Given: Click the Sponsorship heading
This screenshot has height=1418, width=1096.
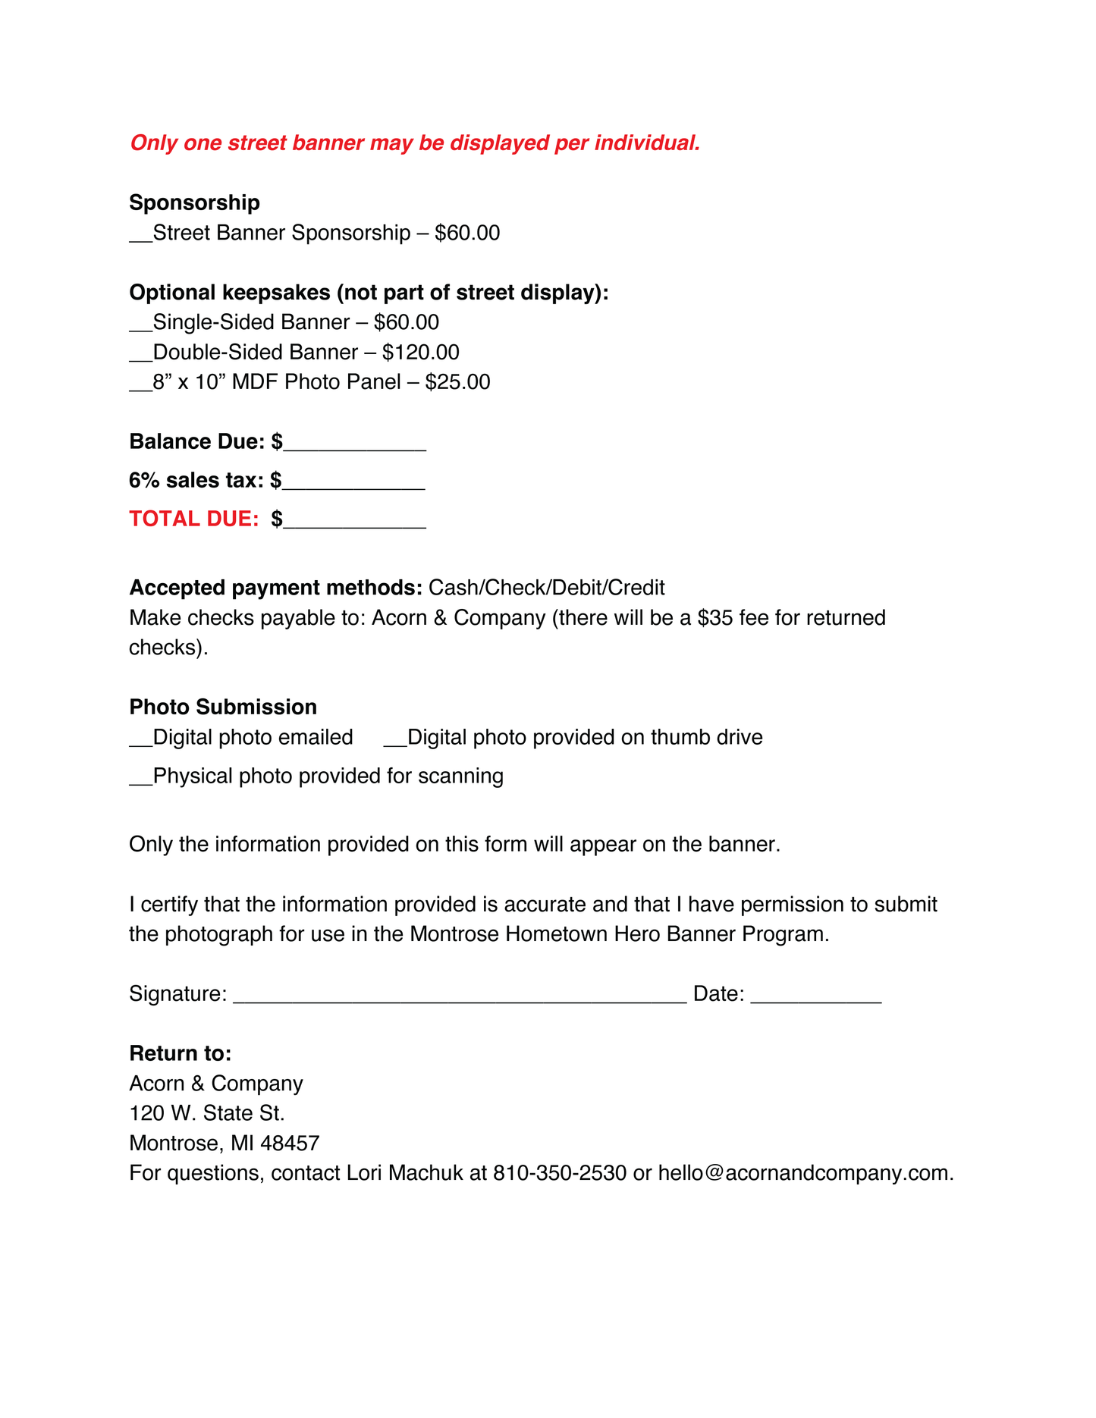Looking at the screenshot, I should point(194,203).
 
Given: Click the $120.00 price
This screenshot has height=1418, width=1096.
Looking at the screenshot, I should point(421,353).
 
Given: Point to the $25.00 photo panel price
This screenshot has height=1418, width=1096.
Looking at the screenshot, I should point(457,382).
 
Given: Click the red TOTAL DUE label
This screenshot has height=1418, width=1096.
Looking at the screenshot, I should point(194,519).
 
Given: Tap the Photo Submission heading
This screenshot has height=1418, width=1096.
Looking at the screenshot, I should point(223,707).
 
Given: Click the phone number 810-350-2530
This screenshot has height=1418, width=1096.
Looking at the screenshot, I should point(560,1173).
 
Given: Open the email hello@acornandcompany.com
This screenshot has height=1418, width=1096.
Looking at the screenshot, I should point(806,1173).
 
